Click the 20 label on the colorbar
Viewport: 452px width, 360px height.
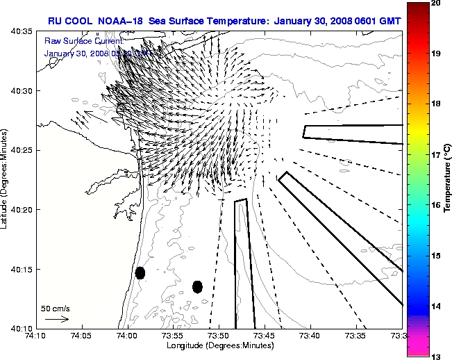(x=436, y=4)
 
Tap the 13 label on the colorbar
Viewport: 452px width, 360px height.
(x=436, y=356)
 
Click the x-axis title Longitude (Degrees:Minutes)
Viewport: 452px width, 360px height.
(x=219, y=346)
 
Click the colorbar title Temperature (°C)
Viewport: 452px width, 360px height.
(x=447, y=180)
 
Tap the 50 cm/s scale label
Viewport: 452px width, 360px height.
(x=56, y=307)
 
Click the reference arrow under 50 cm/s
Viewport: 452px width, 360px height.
(x=56, y=319)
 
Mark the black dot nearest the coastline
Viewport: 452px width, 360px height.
(x=140, y=272)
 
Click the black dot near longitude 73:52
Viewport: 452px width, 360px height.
(x=197, y=286)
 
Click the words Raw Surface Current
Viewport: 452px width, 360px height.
(x=75, y=42)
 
